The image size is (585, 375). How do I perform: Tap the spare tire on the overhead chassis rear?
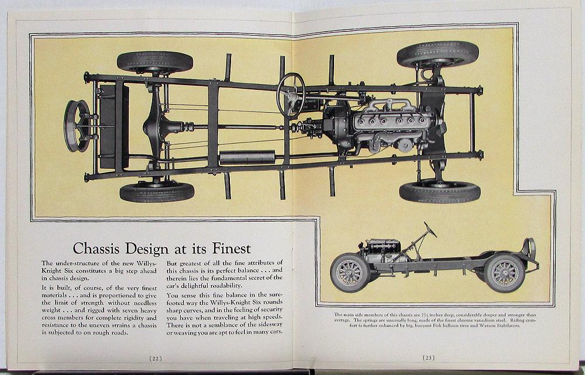coord(77,126)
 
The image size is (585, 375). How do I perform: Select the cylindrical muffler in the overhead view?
coord(247,157)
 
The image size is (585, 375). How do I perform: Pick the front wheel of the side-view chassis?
coord(350,272)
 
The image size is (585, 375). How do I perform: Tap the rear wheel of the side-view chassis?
coord(504,272)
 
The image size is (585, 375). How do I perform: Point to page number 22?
coord(155,358)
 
